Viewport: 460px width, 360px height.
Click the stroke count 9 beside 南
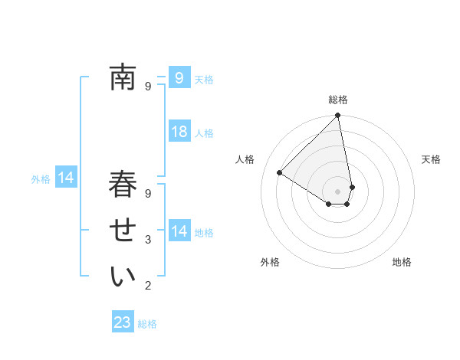pyautogui.click(x=148, y=87)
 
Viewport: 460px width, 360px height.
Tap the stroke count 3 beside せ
pyautogui.click(x=148, y=240)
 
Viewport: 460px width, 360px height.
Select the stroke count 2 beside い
pyautogui.click(x=148, y=286)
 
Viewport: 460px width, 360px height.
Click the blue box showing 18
pyautogui.click(x=179, y=132)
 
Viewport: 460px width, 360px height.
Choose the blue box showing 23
pyautogui.click(x=123, y=322)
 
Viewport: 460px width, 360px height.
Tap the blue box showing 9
pyautogui.click(x=179, y=77)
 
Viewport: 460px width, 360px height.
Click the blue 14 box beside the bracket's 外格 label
pyautogui.click(x=66, y=178)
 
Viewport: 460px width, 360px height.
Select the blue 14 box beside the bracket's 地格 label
pyautogui.click(x=179, y=231)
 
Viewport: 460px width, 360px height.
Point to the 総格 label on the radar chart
pyautogui.click(x=338, y=100)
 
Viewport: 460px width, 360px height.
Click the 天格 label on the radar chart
pyautogui.click(x=432, y=159)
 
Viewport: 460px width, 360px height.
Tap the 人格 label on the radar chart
pyautogui.click(x=245, y=159)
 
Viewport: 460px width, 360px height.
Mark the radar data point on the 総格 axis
pyautogui.click(x=338, y=116)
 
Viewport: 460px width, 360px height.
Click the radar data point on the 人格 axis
pyautogui.click(x=280, y=172)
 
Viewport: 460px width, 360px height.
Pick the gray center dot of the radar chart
pyautogui.click(x=338, y=191)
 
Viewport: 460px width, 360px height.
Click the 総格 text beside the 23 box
pyautogui.click(x=147, y=324)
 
